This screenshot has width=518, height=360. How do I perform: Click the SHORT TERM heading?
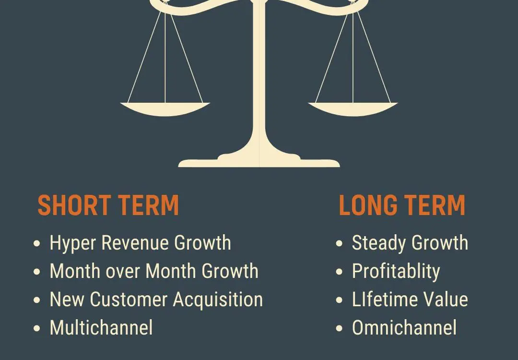coord(108,205)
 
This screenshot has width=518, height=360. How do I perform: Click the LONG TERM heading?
coord(402,205)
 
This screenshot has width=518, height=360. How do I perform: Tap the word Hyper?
coord(73,244)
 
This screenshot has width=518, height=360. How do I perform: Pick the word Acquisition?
coord(218,300)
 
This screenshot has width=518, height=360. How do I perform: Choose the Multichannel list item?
coord(101,328)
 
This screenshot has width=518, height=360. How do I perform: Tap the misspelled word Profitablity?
coord(396,272)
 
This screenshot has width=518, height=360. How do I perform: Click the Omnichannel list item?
coord(404,328)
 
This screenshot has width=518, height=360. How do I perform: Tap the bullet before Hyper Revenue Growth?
coord(37,244)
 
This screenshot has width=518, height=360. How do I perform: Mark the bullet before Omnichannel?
coord(339,328)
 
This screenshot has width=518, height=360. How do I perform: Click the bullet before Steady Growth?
coord(339,244)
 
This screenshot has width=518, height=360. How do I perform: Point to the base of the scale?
coord(259,161)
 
